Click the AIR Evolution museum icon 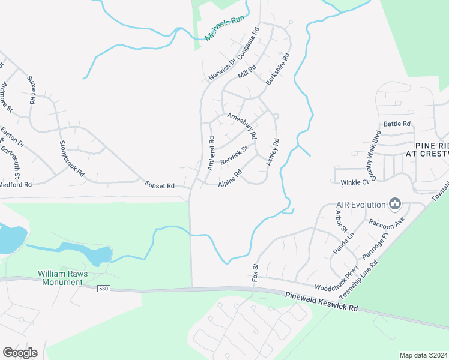tap(395, 205)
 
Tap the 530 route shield tap(104, 289)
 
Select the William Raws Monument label tap(62, 278)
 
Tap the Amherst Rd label tap(211, 153)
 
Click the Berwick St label tap(234, 155)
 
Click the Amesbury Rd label tap(241, 125)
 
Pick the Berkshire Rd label tap(278, 69)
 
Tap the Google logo tap(20, 353)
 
